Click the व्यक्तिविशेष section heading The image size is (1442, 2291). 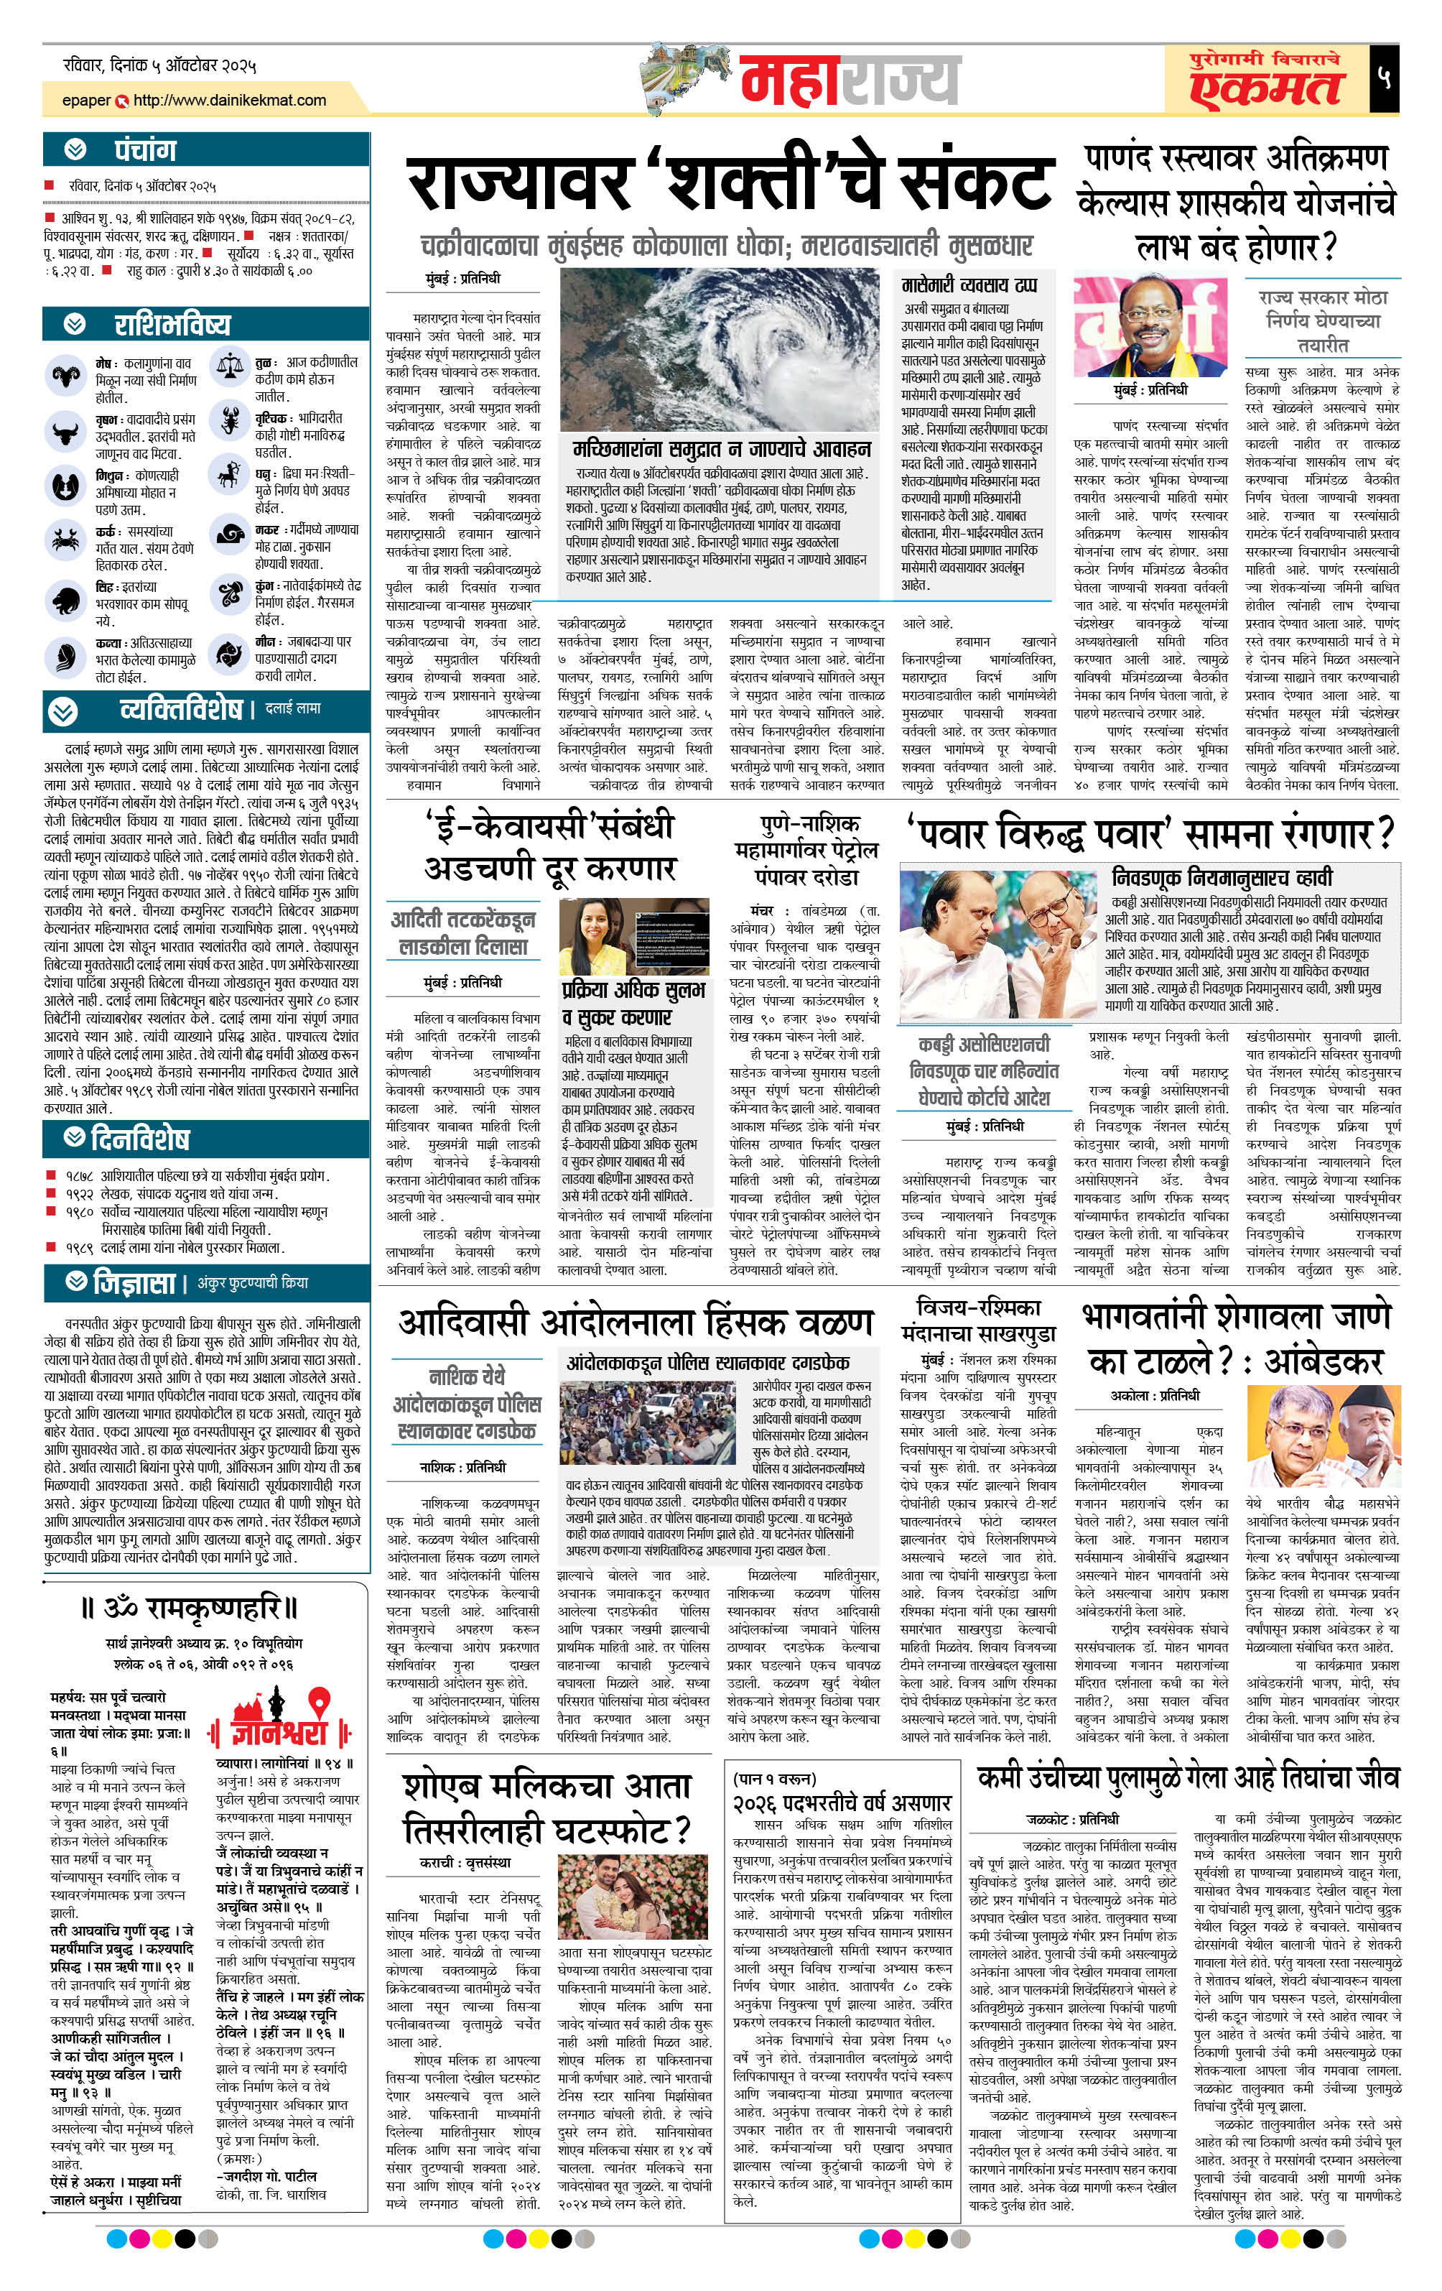181,710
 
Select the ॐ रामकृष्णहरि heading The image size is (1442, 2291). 190,1610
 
